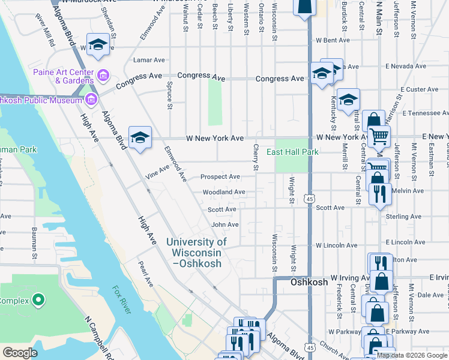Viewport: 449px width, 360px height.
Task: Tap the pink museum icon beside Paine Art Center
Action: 103,76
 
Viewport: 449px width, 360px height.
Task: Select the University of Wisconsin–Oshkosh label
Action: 196,247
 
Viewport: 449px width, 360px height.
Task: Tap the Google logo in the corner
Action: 20,353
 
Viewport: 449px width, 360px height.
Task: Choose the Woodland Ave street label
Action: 223,192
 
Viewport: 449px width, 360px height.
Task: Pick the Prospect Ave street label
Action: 220,177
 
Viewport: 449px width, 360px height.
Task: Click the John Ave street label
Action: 225,224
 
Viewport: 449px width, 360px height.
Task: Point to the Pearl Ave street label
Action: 145,272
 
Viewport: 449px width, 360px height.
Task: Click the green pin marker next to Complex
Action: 38,299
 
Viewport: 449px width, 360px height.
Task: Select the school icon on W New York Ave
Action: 140,137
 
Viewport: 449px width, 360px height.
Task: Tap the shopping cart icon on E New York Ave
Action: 379,137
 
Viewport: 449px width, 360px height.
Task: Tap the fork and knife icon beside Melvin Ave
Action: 379,192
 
